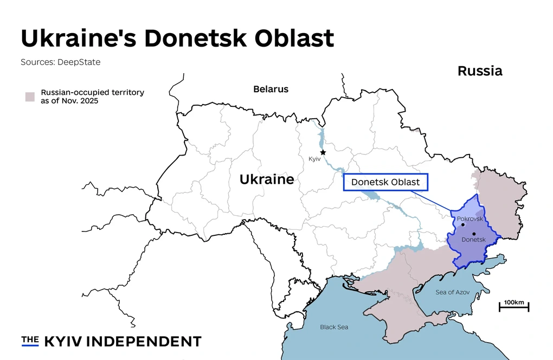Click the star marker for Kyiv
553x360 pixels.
click(x=323, y=152)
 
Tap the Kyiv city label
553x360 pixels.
click(x=314, y=159)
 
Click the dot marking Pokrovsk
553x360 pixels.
click(x=463, y=224)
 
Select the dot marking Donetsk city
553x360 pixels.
click(x=474, y=234)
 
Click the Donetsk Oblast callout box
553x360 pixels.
click(x=385, y=182)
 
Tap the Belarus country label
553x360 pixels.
click(x=271, y=89)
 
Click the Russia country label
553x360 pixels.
click(x=480, y=71)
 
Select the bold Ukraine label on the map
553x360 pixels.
click(x=267, y=179)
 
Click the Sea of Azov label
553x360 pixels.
click(x=453, y=292)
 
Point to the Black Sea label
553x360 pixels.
click(x=334, y=327)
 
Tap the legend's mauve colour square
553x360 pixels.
click(x=30, y=97)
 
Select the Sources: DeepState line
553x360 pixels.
click(x=61, y=62)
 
